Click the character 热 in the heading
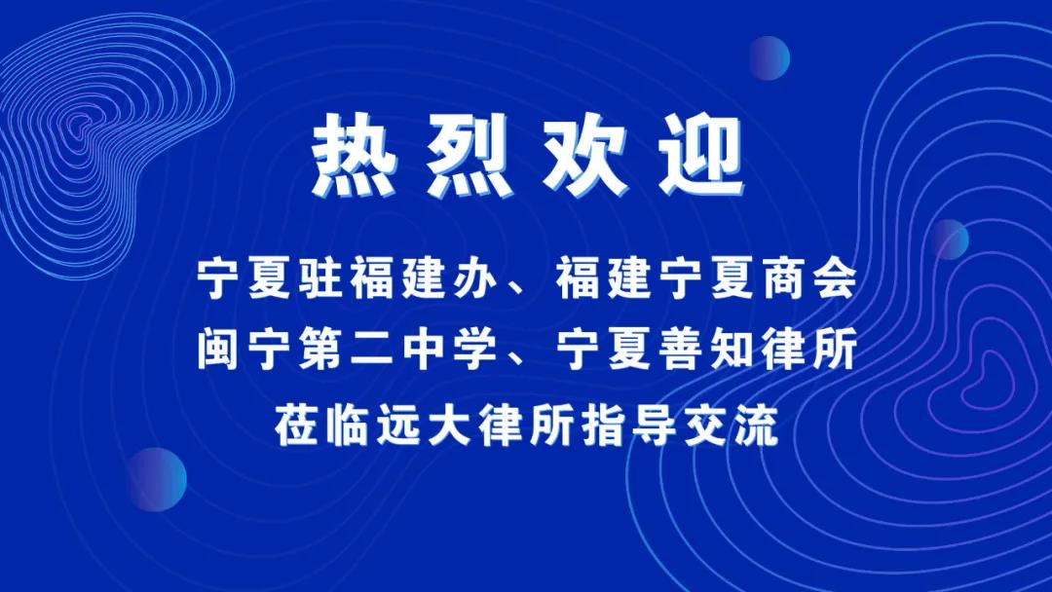(355, 156)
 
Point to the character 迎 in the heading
(700, 156)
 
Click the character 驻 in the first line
(320, 278)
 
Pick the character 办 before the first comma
(474, 278)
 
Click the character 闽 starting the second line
(218, 350)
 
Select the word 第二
(346, 350)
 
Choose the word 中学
(449, 350)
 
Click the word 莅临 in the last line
(321, 425)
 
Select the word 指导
(628, 425)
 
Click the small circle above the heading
(769, 58)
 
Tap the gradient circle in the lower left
(156, 479)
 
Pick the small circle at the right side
(949, 240)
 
